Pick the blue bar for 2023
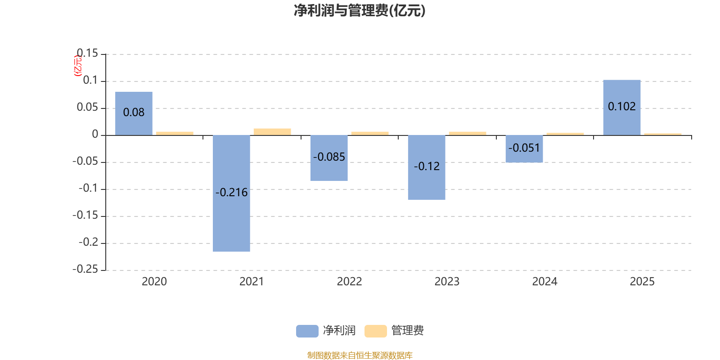pos(426,184)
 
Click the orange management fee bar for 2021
pos(272,132)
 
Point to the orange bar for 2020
pos(174,133)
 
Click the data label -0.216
pos(231,193)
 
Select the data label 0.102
pos(621,107)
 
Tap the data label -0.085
pos(329,157)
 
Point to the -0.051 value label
pos(524,148)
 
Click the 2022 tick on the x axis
pos(349,282)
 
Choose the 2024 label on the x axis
pos(544,282)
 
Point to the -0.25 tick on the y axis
pos(85,269)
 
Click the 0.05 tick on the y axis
pos(87,107)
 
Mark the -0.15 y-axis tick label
pos(85,215)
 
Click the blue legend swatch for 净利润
pos(307,331)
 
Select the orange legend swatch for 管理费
pos(375,331)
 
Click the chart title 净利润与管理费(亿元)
pos(360,11)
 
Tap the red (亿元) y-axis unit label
pos(78,66)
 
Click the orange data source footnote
pos(360,355)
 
